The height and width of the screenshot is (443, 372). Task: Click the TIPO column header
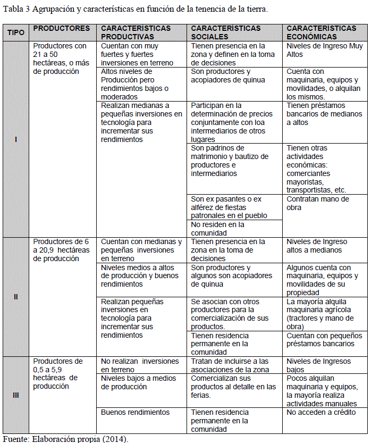coord(16,32)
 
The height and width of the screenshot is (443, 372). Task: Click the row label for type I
coord(16,139)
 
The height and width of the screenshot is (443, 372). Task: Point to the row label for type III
coord(16,395)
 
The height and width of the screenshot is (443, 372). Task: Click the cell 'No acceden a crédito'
coord(322,412)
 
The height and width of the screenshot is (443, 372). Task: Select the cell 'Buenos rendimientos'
coord(135,412)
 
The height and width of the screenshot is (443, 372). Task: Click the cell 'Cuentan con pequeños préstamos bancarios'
coord(324,340)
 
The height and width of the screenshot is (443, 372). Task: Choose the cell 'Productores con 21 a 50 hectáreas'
coord(60,58)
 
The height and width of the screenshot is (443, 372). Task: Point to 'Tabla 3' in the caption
coord(16,10)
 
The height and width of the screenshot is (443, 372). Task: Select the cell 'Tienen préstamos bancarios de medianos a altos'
coord(324,114)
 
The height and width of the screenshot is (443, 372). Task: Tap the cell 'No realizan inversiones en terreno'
coord(140,365)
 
